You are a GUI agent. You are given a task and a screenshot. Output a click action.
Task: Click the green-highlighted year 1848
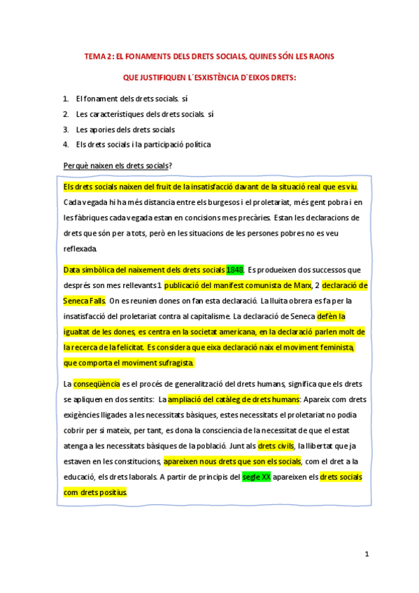pyautogui.click(x=235, y=269)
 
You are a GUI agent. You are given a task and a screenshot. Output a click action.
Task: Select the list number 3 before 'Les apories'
pyautogui.click(x=65, y=129)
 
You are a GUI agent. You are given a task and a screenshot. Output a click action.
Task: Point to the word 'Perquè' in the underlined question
pyautogui.click(x=76, y=165)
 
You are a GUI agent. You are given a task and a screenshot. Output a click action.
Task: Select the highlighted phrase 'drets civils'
pyautogui.click(x=276, y=445)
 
